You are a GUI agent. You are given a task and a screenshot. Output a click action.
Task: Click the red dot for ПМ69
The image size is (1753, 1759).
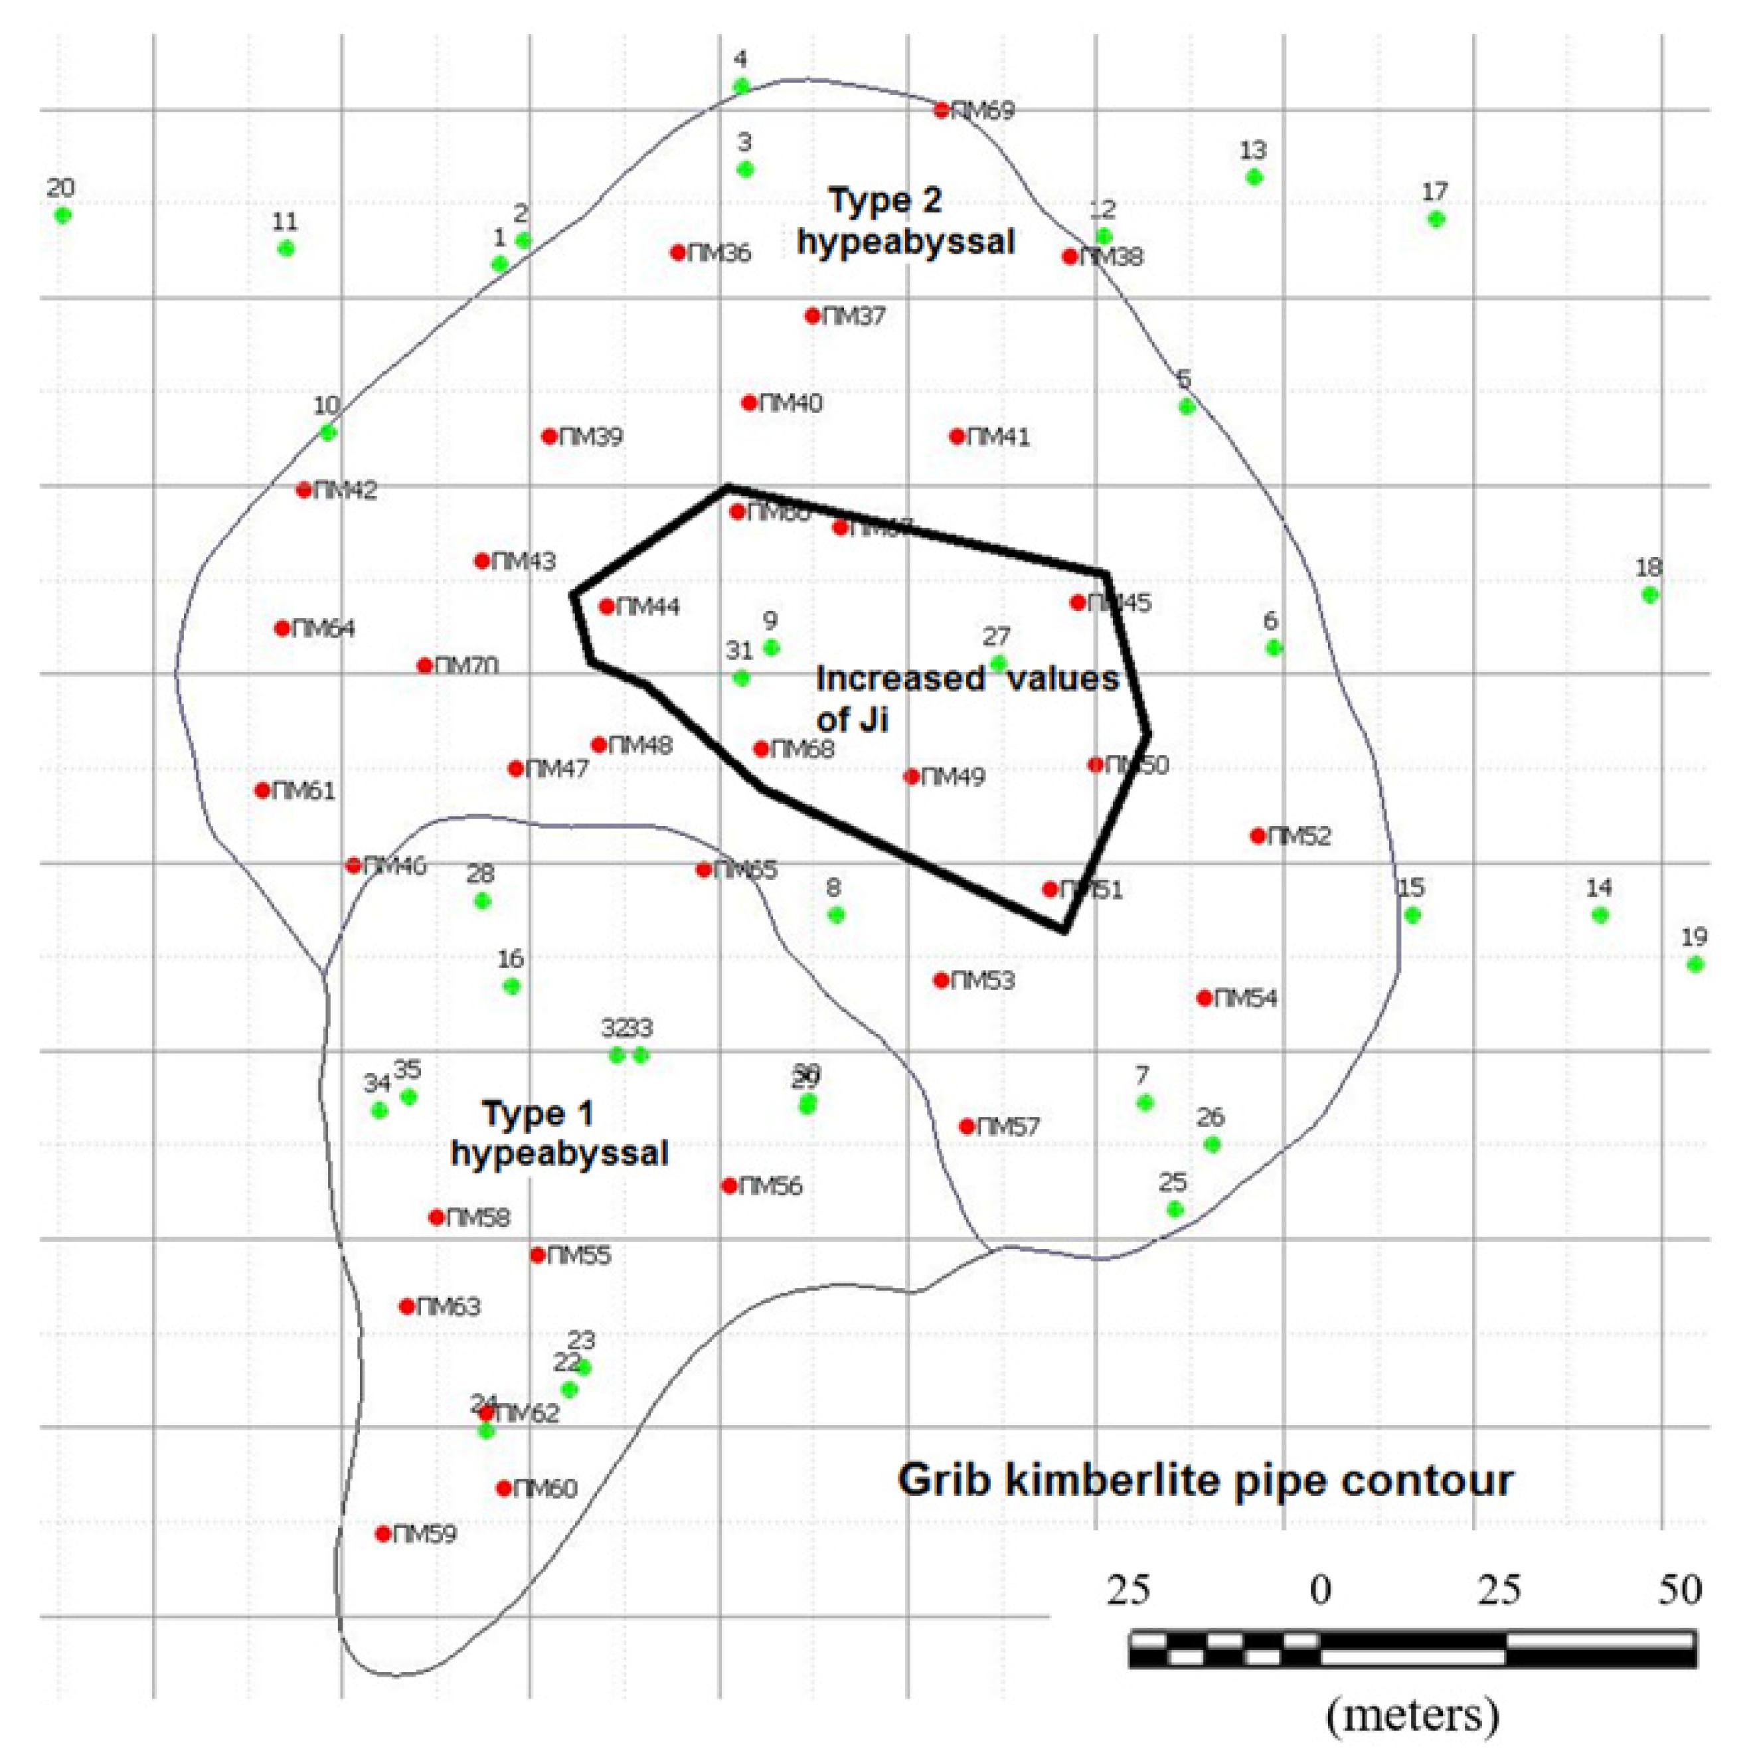942,110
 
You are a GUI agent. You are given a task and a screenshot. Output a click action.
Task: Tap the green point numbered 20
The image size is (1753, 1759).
62,215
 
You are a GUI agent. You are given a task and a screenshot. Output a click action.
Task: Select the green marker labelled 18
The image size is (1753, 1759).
1649,594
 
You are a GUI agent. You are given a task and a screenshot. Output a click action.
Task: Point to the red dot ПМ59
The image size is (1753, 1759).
383,1534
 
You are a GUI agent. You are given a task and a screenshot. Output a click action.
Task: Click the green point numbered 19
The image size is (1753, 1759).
1694,964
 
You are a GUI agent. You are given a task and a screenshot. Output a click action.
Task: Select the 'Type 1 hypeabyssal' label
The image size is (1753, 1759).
559,1133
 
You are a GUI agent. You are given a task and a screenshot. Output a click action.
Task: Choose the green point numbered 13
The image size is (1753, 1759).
1254,177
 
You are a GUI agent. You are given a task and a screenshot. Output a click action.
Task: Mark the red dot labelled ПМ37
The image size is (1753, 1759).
812,316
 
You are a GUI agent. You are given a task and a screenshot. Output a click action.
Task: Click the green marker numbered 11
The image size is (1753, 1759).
286,248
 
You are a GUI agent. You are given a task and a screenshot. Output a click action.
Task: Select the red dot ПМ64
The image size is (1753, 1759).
282,628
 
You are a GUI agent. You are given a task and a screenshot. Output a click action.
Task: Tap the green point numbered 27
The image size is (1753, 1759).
998,663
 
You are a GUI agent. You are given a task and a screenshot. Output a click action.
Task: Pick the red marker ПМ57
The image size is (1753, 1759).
967,1126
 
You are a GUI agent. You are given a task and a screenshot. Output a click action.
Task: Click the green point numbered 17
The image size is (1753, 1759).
1436,218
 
